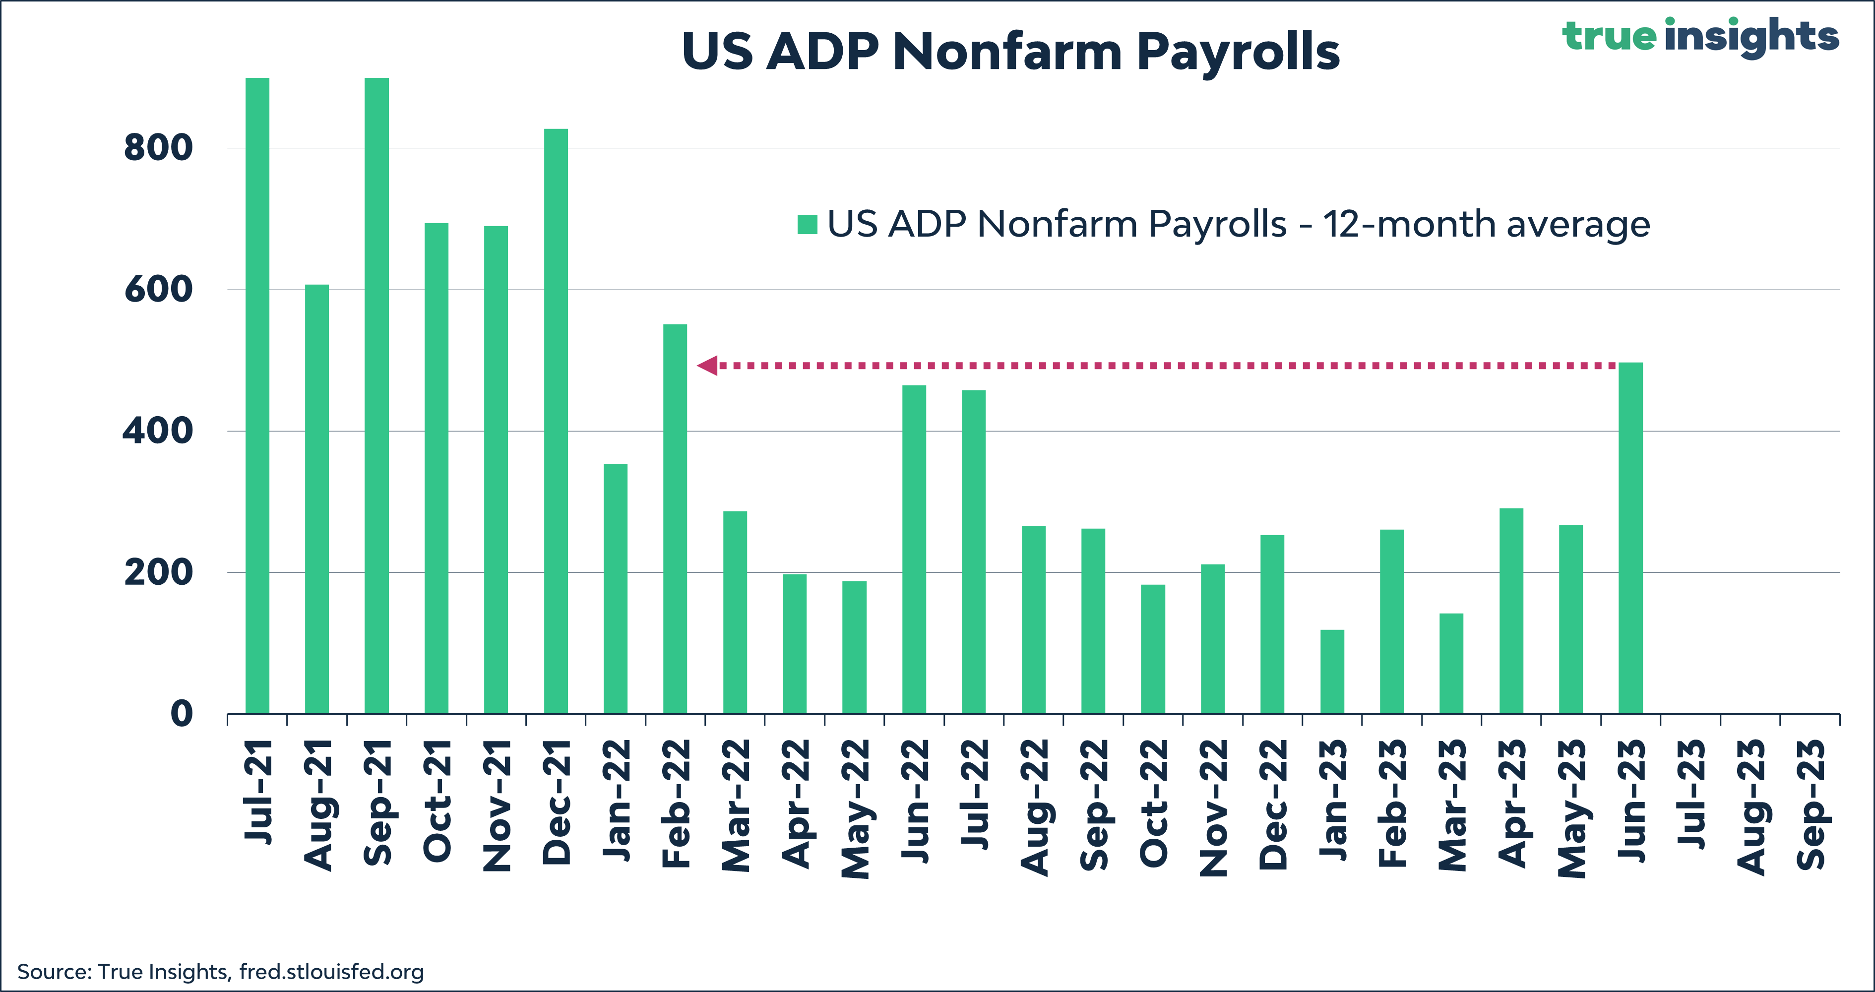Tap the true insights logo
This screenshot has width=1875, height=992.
tap(1699, 36)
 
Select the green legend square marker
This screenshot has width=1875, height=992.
tap(807, 224)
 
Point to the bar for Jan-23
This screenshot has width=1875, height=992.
tap(1332, 671)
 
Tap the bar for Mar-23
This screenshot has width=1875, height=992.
tap(1451, 663)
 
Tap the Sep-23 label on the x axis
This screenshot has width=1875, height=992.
tap(1811, 804)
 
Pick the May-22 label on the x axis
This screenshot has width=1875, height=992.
tap(855, 808)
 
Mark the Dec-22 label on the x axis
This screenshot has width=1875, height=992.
tap(1272, 804)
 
